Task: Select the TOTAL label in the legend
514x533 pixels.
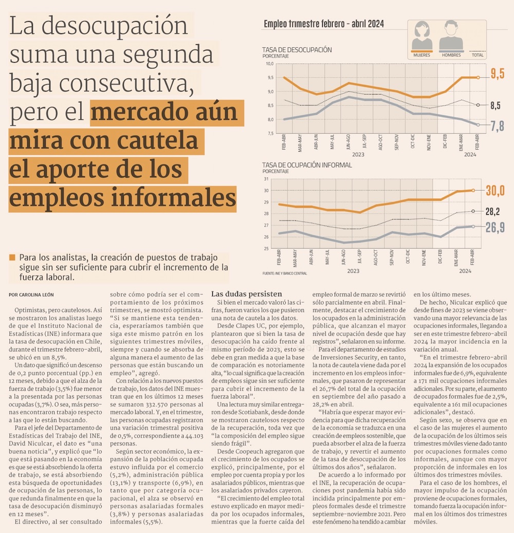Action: pos(478,55)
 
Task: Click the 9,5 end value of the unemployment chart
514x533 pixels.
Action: pos(497,74)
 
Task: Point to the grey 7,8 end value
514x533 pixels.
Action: pos(497,126)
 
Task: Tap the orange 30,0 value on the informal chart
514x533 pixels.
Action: pos(495,191)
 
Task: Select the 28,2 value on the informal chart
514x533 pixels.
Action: pos(492,211)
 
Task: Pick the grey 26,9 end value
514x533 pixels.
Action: pos(495,227)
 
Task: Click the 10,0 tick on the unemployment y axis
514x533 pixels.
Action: pos(270,64)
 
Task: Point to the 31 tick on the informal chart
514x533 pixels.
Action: pos(266,179)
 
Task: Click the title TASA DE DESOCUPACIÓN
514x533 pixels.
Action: pos(297,50)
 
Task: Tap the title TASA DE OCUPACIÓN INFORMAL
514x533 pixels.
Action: pos(307,165)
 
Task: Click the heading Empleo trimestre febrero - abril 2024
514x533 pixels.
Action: pos(324,24)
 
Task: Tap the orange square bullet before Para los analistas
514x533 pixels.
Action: pos(12,257)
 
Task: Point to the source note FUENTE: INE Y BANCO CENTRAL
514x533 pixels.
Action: pos(284,273)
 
